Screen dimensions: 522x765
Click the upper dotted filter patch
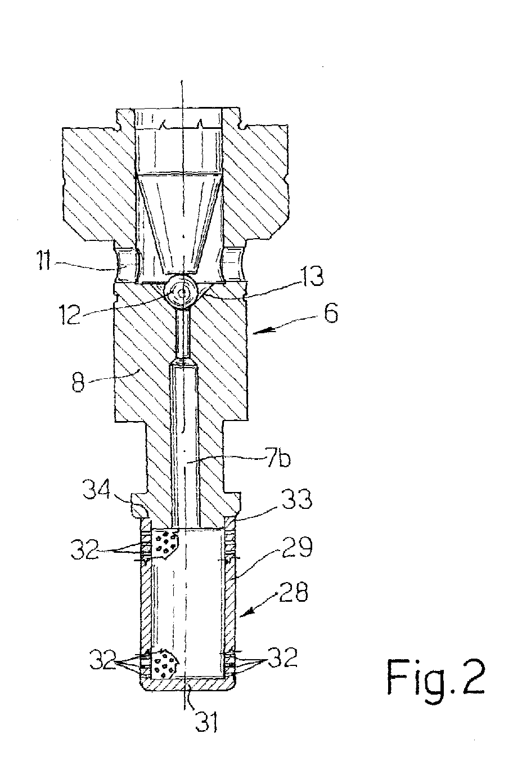coord(165,543)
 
